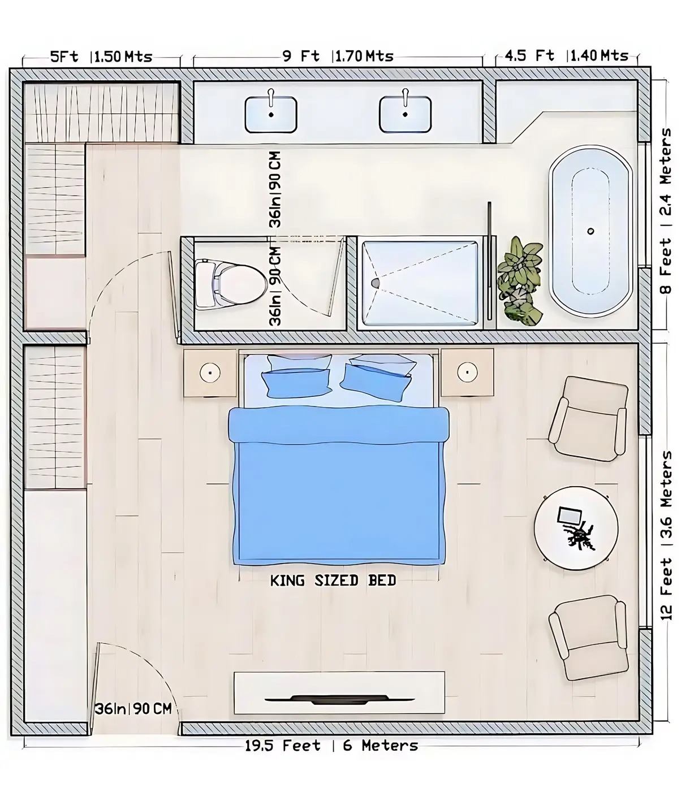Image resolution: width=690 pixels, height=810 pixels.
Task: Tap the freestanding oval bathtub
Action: (x=591, y=231)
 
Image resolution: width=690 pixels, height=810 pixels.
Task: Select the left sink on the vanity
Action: (x=271, y=114)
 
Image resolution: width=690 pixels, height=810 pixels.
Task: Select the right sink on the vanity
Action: (x=405, y=114)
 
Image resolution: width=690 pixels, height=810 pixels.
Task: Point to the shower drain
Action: (x=375, y=282)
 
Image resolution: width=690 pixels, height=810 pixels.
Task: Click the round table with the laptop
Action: (x=576, y=529)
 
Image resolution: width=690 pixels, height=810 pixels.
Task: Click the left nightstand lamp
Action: (x=210, y=372)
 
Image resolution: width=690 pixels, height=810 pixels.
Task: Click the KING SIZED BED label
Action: (x=333, y=580)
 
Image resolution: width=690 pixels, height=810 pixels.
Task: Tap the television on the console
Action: (x=339, y=699)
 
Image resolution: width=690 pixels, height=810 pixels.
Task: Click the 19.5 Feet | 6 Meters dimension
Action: (x=331, y=745)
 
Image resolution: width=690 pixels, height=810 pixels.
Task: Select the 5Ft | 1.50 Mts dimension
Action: (x=101, y=57)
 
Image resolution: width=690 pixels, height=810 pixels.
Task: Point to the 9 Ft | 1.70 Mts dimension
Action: (x=338, y=56)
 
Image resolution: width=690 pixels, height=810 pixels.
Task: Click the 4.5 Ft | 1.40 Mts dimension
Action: (x=566, y=55)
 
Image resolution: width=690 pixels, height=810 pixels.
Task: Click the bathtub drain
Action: (x=591, y=231)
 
